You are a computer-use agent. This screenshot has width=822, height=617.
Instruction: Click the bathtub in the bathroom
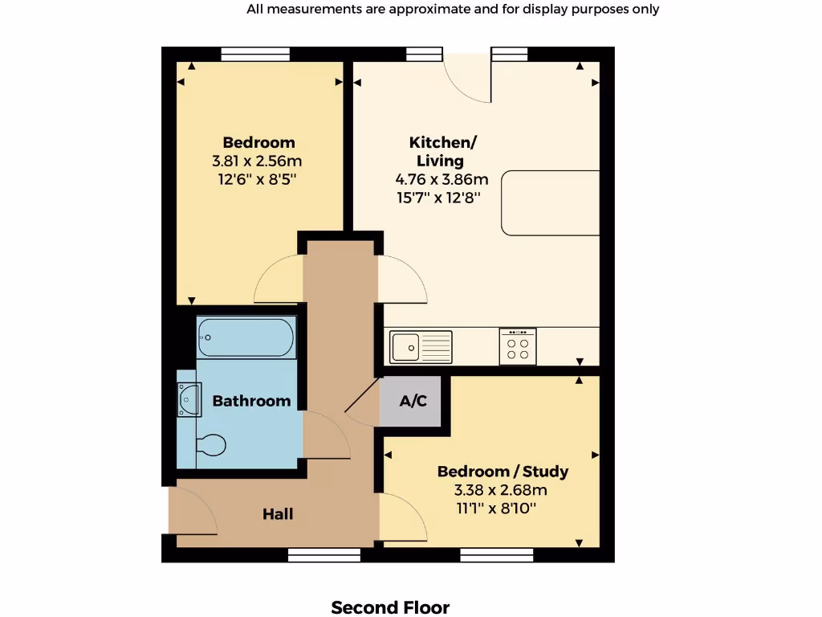point(247,337)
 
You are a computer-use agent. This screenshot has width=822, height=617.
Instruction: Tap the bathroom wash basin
point(189,398)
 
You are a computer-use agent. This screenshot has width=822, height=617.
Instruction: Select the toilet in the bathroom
point(211,444)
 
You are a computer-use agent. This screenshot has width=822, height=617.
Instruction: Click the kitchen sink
point(421,347)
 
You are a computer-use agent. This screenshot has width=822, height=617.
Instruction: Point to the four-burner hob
point(518,346)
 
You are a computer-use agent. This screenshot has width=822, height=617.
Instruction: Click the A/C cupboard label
point(413,401)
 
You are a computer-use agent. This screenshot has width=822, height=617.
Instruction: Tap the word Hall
point(278,514)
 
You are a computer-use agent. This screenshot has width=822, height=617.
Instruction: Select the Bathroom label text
point(251,401)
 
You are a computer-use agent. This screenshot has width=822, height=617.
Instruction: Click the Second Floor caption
point(390,607)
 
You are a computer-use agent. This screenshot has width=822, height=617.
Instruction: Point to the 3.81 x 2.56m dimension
point(258,161)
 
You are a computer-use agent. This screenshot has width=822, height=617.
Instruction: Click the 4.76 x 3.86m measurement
point(442,179)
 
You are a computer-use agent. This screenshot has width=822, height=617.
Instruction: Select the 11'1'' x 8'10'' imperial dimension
point(496,508)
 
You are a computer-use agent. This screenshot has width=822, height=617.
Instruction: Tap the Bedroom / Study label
point(503,472)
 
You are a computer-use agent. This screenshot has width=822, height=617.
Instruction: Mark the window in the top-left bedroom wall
point(254,54)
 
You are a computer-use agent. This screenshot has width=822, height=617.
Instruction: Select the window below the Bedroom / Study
point(497,555)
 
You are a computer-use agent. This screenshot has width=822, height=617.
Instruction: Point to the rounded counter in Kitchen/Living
point(551,202)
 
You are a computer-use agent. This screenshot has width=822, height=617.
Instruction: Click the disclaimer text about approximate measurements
point(453,10)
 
